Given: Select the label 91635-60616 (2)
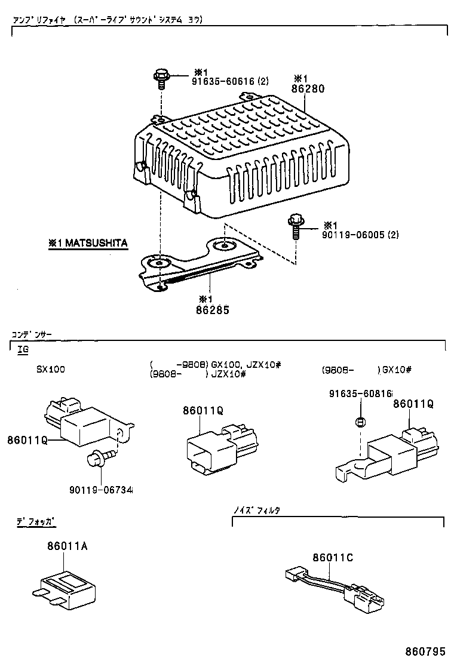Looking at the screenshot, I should coord(231,81).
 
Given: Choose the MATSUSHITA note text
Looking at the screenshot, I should coord(88,243).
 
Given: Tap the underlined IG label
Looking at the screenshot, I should coord(23,349).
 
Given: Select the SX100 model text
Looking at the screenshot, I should coord(50,369).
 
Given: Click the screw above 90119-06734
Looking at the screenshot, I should coord(96,459).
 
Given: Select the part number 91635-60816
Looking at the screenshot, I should coord(360,394).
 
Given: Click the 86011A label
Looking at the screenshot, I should coord(68,546).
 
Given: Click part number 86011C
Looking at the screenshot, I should coord(332,557).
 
